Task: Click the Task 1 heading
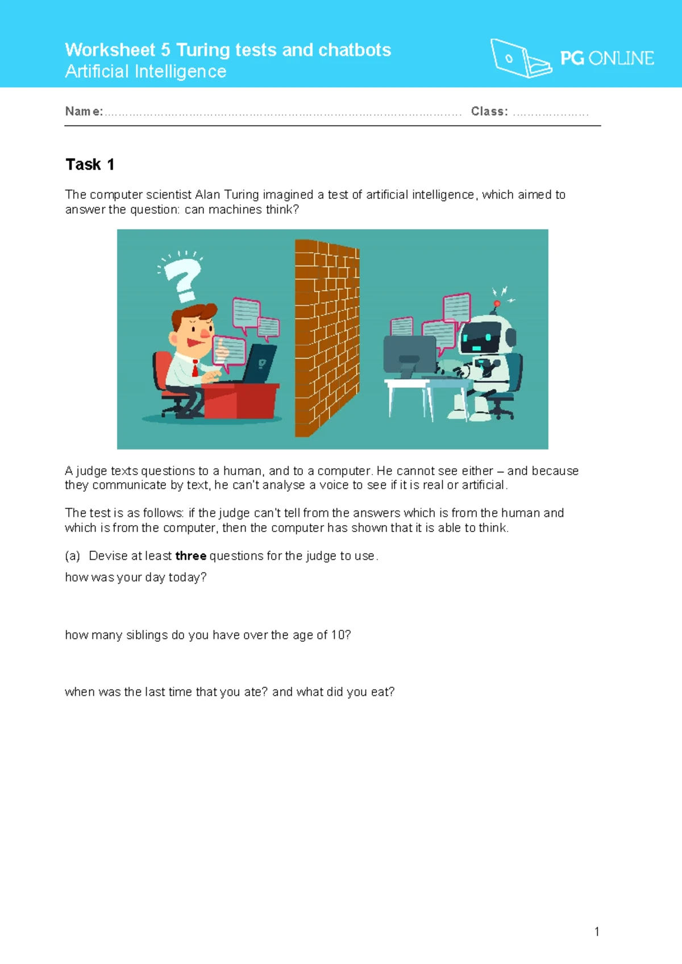point(90,165)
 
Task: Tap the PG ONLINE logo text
point(606,58)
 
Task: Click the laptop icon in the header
point(519,58)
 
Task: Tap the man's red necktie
point(195,369)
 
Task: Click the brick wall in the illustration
point(327,338)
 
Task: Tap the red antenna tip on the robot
point(497,304)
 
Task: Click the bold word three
point(190,556)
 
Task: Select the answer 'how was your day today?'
point(136,577)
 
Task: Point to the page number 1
point(597,932)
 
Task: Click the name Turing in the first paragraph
point(242,195)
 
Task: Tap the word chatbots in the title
point(355,50)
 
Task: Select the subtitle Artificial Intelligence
point(145,72)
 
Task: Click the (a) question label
point(72,556)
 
